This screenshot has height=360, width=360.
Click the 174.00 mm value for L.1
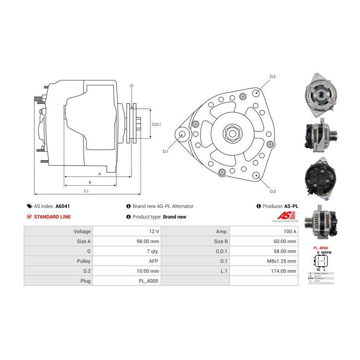(284, 271)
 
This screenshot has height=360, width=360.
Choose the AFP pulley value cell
(154, 261)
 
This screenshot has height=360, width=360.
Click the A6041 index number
(62, 206)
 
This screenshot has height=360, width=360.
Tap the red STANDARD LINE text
(52, 217)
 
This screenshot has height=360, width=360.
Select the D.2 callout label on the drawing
(273, 76)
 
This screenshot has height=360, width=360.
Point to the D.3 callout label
(273, 192)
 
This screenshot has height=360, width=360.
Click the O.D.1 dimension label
(156, 124)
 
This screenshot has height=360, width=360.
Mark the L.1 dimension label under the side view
(86, 191)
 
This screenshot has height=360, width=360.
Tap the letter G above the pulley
(131, 86)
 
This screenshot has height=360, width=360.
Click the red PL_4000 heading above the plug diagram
(320, 248)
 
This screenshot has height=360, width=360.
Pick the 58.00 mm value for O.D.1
(285, 251)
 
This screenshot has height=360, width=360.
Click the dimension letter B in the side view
(90, 182)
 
